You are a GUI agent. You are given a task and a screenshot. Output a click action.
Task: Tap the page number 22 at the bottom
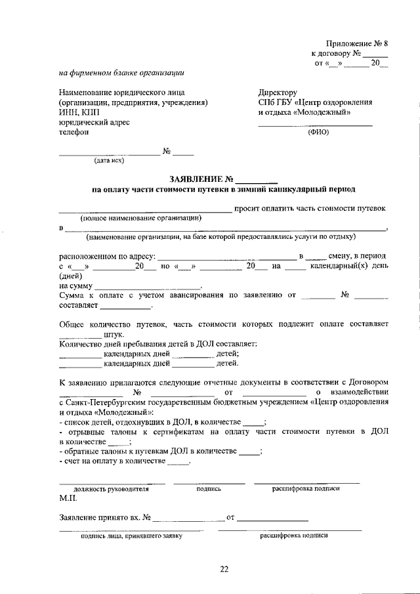click(x=224, y=570)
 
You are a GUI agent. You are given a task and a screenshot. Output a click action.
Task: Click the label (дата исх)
click(x=109, y=159)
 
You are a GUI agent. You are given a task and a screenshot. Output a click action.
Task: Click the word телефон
click(x=73, y=131)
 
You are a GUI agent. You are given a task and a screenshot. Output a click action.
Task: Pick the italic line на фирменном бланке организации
click(x=121, y=73)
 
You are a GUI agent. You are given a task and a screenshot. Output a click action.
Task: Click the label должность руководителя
click(x=112, y=489)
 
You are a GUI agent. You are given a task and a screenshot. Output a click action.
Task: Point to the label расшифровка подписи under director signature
click(x=306, y=489)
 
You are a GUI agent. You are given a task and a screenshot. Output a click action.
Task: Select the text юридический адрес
click(x=94, y=122)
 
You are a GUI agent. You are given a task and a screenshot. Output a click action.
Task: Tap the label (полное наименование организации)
click(x=141, y=217)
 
